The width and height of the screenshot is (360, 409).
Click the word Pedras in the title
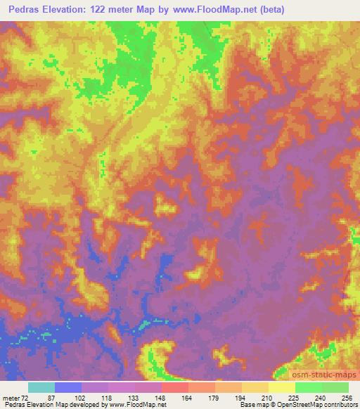pos(25,9)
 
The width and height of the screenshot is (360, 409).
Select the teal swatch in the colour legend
pos(41,387)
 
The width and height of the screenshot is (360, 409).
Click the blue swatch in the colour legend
pos(68,387)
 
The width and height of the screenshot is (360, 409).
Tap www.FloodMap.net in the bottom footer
pos(134,404)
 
